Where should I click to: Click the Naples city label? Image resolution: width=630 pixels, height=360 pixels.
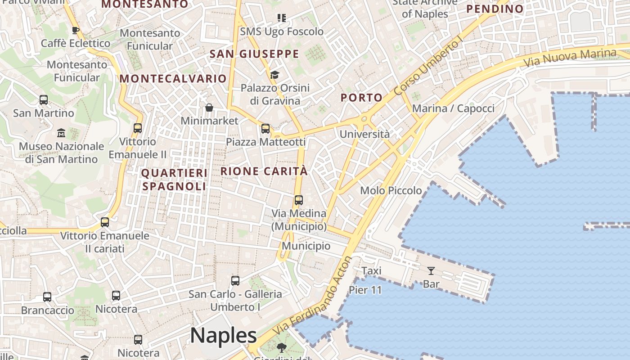click(x=223, y=336)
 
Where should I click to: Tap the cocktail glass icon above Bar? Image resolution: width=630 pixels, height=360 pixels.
click(x=431, y=270)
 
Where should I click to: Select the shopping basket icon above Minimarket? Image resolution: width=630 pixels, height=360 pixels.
click(x=209, y=108)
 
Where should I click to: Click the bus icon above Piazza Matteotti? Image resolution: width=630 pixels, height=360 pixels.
click(x=265, y=129)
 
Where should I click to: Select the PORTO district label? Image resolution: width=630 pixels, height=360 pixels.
click(x=361, y=98)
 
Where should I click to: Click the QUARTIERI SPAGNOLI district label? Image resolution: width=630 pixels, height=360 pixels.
click(x=175, y=180)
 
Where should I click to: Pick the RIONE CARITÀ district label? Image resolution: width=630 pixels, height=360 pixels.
click(x=264, y=171)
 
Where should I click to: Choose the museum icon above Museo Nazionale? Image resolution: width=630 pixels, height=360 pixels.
click(x=61, y=133)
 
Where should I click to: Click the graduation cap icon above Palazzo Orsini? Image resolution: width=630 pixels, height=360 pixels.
click(x=274, y=75)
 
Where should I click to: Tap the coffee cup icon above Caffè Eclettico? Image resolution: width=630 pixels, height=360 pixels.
click(x=76, y=30)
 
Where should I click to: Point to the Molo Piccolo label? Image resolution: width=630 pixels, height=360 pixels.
click(x=391, y=191)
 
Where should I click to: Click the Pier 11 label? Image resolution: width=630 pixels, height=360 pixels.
click(x=365, y=290)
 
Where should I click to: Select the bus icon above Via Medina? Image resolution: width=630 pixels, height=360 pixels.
click(x=299, y=200)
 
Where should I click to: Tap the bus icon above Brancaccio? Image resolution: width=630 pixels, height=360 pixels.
click(x=47, y=297)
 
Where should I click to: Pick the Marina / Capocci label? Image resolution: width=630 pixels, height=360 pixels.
click(x=453, y=108)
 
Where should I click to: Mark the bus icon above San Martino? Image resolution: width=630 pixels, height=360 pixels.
click(x=44, y=100)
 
